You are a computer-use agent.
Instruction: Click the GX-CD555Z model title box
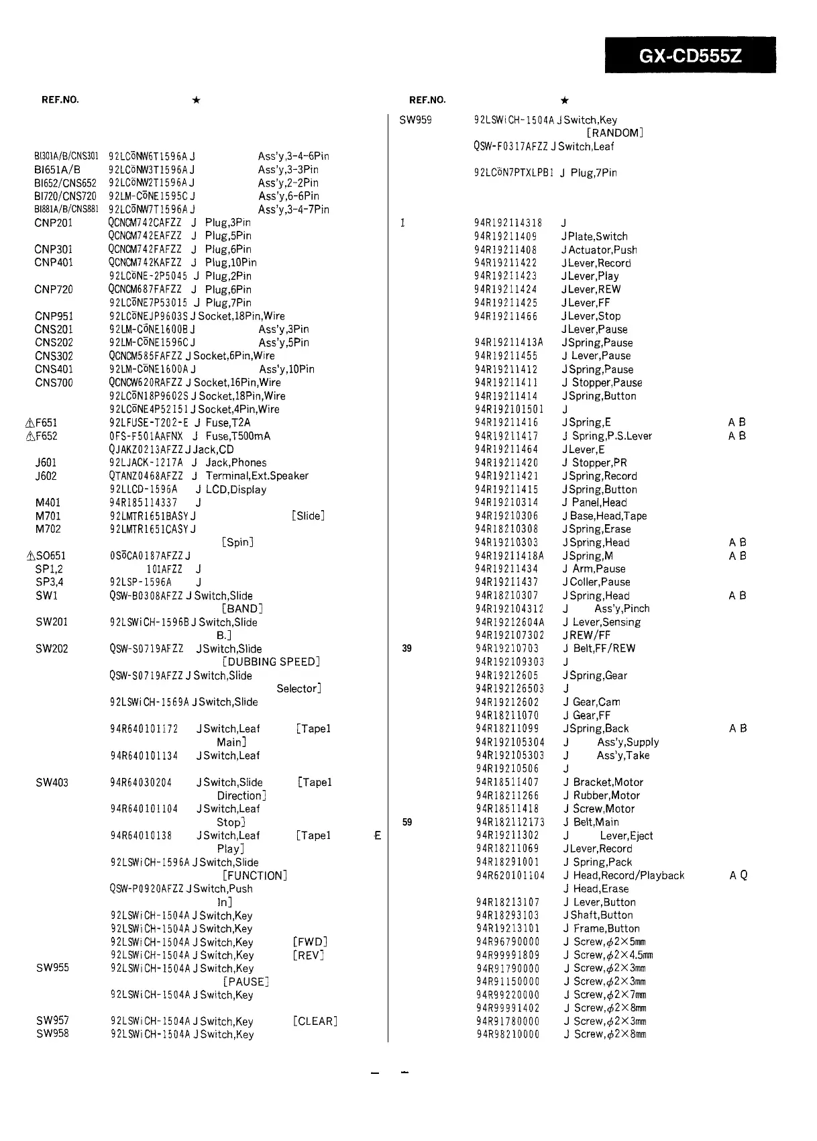pos(690,55)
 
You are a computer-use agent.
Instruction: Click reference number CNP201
pos(53,223)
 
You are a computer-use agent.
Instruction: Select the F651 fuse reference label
pos(46,423)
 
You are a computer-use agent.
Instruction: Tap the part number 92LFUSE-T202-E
pos(148,423)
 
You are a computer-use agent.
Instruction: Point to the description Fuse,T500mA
pos(238,436)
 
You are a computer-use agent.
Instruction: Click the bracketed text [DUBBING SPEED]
pos(270,662)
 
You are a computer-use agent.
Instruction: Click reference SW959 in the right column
pos(415,120)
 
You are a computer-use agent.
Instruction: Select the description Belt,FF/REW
pos(604,648)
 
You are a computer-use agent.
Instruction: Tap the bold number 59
pos(406,822)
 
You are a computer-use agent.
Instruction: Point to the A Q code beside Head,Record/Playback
pos(738,876)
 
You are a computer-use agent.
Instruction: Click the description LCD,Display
pos(235,490)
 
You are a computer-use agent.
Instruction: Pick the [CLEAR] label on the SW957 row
pos(315,1022)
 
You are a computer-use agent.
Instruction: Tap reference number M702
pos(48,529)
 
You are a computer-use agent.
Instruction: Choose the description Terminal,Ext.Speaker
pos(257,476)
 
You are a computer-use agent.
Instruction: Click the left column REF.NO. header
pos(60,100)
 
